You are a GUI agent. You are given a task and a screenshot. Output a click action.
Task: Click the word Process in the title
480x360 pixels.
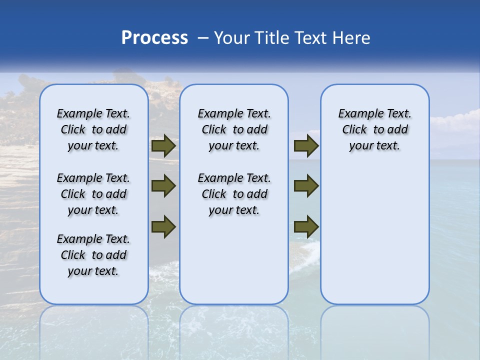click(154, 38)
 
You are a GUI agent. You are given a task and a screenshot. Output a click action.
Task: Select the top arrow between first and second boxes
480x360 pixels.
click(163, 146)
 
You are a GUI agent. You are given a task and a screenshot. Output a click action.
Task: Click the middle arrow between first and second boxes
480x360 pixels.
click(163, 186)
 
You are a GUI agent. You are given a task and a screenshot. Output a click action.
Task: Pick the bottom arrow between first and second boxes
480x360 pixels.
click(163, 226)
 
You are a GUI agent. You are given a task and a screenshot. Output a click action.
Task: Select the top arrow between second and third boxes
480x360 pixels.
click(306, 146)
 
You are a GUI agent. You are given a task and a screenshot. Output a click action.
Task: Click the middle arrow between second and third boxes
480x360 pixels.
click(306, 186)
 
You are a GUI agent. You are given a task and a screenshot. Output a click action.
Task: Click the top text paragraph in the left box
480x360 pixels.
click(93, 130)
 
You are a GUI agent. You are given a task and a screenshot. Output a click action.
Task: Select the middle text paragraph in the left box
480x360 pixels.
click(93, 194)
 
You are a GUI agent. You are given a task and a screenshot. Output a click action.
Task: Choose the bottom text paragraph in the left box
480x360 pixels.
click(93, 255)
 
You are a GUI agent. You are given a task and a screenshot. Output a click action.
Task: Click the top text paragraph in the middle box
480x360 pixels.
click(234, 130)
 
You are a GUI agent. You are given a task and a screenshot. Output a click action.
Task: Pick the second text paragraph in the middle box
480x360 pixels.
click(234, 194)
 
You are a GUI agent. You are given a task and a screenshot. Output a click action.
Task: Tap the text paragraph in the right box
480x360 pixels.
click(375, 130)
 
